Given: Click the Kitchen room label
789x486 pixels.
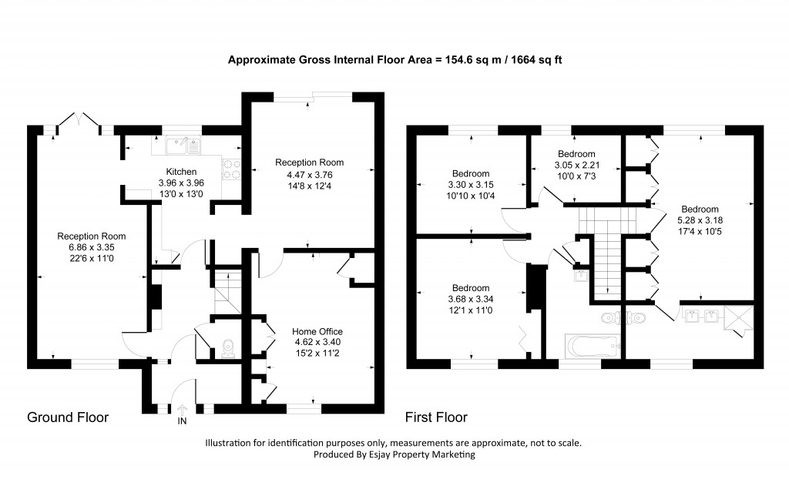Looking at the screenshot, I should click(181, 171).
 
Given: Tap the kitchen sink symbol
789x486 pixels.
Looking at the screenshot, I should click(183, 143).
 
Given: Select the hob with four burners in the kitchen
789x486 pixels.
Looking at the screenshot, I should click(232, 169).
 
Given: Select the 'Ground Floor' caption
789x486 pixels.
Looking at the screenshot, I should click(68, 417).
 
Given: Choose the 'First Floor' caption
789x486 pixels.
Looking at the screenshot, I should click(436, 417).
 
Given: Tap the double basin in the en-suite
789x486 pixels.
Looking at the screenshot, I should click(700, 315).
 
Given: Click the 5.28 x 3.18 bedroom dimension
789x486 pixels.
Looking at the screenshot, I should click(700, 220).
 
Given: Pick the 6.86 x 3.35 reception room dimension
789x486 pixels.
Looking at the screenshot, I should click(92, 247).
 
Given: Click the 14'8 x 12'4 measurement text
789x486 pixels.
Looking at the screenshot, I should click(309, 185).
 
